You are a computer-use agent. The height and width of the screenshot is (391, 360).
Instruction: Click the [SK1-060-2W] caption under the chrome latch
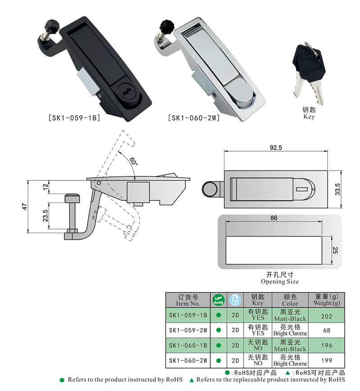193,119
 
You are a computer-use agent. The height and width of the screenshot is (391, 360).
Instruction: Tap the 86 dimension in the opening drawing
274,218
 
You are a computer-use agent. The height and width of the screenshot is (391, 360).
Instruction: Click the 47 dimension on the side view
25,207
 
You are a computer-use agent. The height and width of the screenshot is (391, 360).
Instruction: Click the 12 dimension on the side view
45,187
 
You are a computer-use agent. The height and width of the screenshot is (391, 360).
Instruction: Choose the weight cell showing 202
327,316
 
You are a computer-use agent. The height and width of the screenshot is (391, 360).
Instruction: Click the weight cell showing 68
327,330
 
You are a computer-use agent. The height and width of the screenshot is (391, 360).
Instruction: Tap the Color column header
290,300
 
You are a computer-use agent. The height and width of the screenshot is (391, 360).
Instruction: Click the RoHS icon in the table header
218,300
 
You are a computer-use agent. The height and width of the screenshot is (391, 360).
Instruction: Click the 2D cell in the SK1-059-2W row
235,330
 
